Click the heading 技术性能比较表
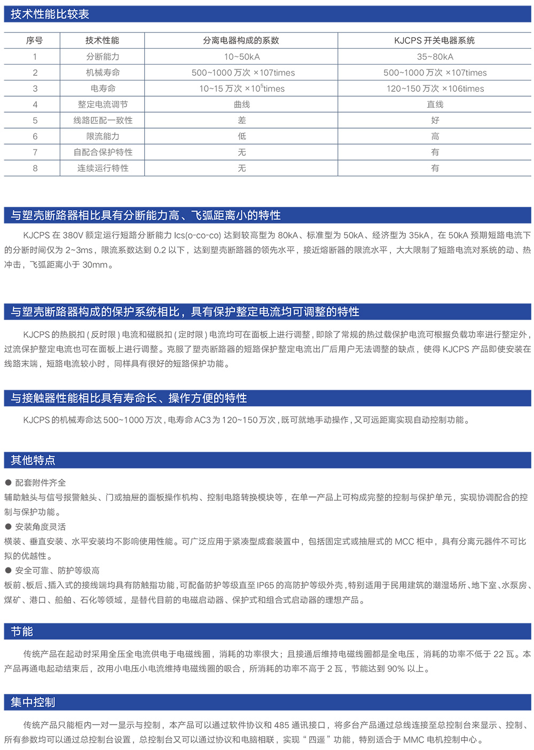(x=50, y=14)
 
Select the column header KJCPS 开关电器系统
(x=434, y=41)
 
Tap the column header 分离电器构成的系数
(x=241, y=41)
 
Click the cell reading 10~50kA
(x=242, y=57)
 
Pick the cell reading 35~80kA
(x=435, y=57)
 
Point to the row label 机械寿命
(x=103, y=73)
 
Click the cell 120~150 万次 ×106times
(x=435, y=89)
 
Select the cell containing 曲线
(x=242, y=105)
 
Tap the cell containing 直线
(x=435, y=105)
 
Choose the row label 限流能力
(x=103, y=137)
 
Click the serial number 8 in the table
(x=35, y=168)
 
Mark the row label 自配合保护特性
(x=103, y=153)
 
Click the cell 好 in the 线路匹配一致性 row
(x=435, y=121)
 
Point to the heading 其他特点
(x=33, y=460)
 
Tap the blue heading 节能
(x=22, y=631)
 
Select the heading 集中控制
(x=33, y=702)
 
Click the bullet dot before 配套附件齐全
(x=8, y=483)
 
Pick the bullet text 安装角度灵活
(x=41, y=527)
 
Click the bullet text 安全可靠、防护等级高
(x=57, y=571)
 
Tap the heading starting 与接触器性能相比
(x=129, y=398)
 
